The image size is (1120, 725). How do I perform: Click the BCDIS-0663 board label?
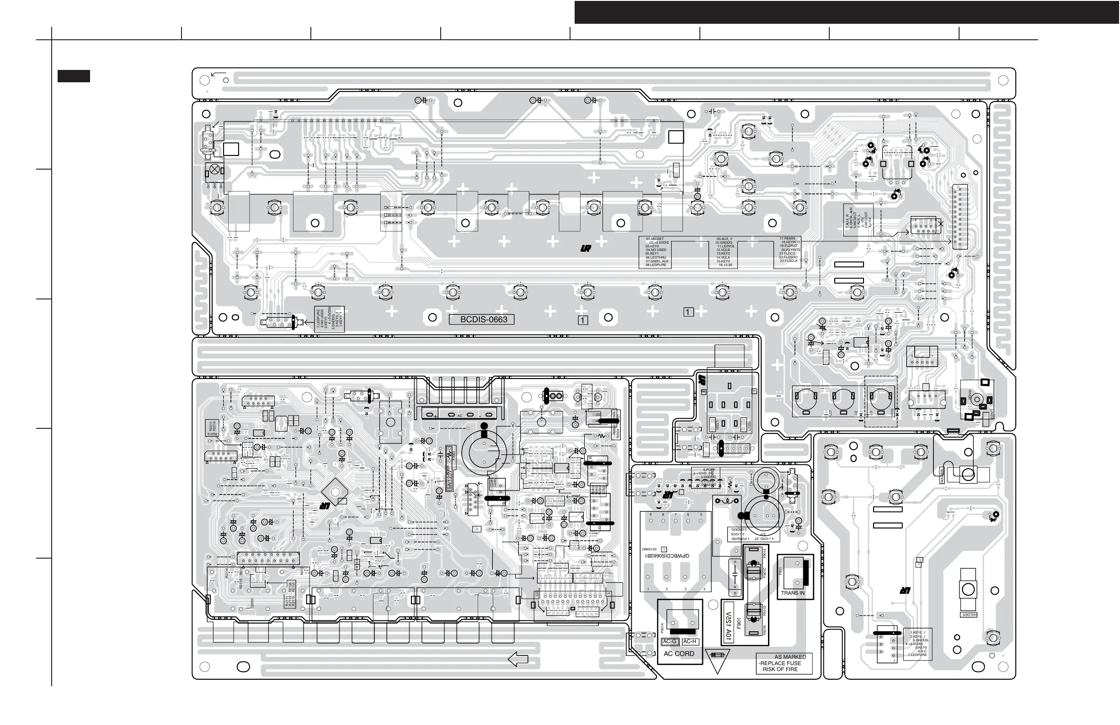click(x=483, y=320)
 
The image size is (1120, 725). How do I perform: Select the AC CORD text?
click(x=678, y=654)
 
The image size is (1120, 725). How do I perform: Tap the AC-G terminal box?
click(x=669, y=642)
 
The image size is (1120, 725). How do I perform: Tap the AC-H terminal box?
click(x=689, y=642)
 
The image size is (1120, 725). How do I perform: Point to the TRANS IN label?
click(x=793, y=593)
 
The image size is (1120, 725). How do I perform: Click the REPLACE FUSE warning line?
click(x=780, y=663)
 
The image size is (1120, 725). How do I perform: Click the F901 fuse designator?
click(x=739, y=624)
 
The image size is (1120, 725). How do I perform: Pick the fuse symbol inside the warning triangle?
click(x=717, y=655)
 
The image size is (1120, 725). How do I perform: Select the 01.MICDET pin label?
click(x=655, y=239)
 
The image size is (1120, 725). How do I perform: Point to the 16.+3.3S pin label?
click(x=725, y=265)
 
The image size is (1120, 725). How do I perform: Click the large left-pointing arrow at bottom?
click(x=518, y=660)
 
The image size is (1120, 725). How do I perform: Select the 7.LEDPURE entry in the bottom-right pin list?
click(x=917, y=655)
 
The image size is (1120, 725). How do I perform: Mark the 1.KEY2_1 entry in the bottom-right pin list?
click(x=917, y=633)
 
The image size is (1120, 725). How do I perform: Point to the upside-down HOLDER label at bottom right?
click(x=969, y=614)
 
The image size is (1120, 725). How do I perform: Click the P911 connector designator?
click(x=780, y=571)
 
